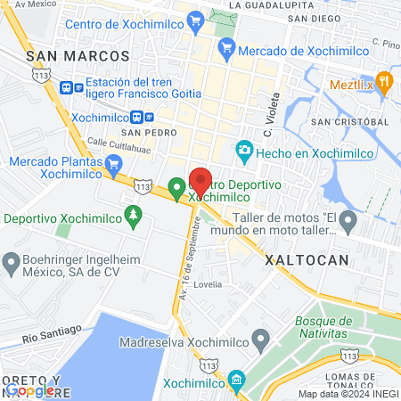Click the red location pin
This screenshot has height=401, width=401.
(x=200, y=181)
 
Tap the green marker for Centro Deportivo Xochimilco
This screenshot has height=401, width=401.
(x=177, y=189)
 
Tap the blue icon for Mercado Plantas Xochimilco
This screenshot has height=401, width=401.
(x=113, y=165)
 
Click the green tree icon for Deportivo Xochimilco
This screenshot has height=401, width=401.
(x=134, y=215)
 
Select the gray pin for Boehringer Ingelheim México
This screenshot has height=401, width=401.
(x=12, y=263)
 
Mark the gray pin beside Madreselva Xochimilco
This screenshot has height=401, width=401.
(x=260, y=339)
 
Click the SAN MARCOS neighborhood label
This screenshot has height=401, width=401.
(x=78, y=56)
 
